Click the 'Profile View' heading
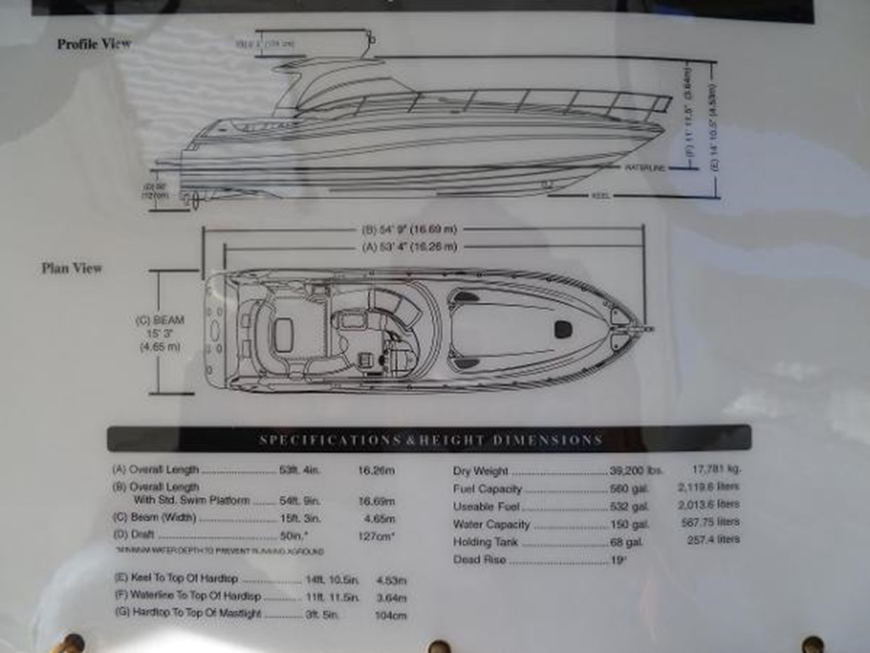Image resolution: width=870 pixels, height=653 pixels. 94,44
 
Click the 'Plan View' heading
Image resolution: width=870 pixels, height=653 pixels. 72,268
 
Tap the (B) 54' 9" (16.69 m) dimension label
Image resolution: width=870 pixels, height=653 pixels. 410,230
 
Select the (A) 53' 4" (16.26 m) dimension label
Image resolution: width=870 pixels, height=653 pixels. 410,247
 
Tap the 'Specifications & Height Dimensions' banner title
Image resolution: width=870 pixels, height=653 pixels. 431,440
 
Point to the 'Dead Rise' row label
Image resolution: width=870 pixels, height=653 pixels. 479,559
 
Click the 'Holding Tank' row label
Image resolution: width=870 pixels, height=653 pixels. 485,542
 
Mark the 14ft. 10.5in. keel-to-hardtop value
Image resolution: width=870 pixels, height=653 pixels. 331,580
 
